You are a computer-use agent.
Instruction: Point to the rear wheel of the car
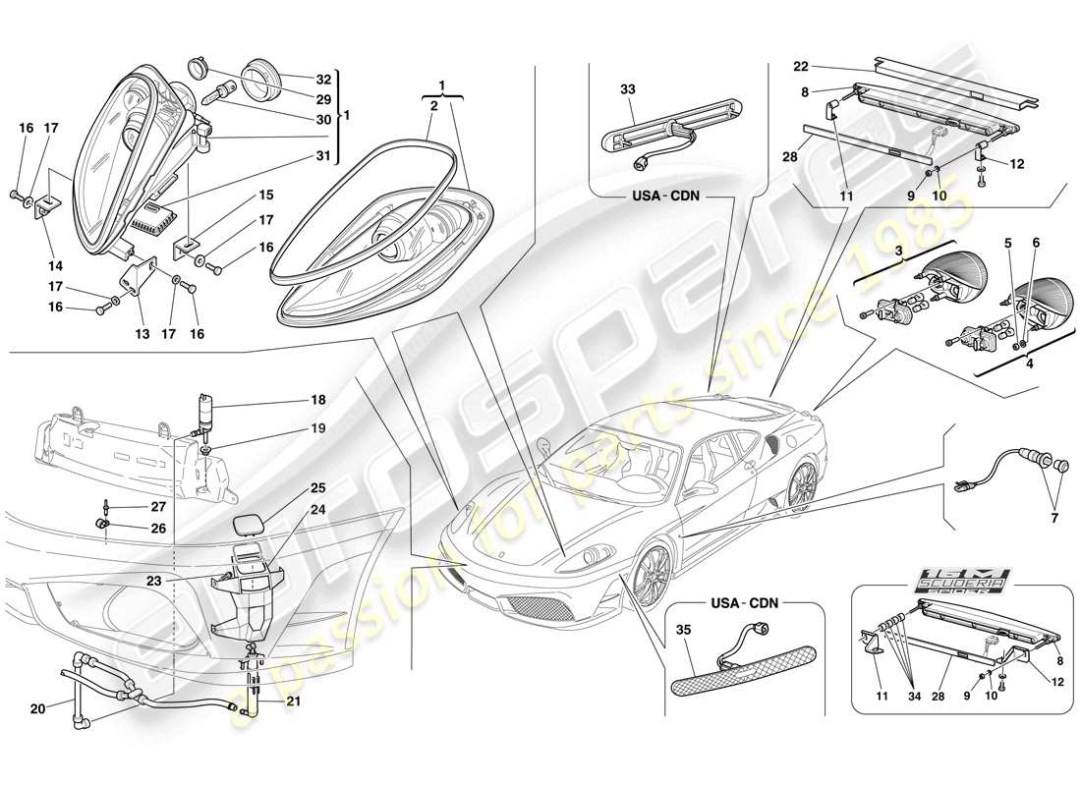(x=802, y=485)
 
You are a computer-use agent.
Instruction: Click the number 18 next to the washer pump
(x=318, y=401)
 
